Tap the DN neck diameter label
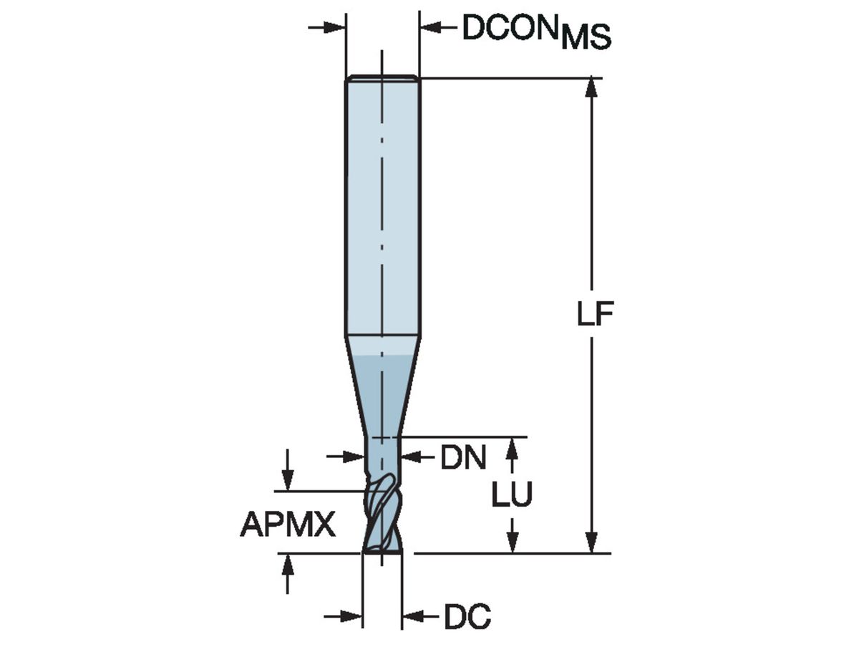click(463, 457)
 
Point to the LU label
click(512, 495)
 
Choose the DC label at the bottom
click(467, 616)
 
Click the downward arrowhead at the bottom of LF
click(591, 544)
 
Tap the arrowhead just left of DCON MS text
click(429, 28)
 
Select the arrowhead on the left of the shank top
click(336, 28)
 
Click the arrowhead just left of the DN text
click(410, 456)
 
